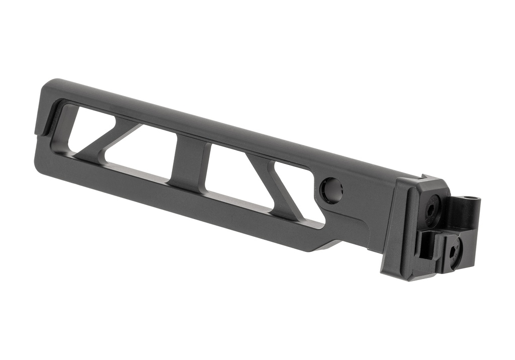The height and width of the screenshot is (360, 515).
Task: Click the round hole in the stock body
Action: pyautogui.click(x=332, y=191)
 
